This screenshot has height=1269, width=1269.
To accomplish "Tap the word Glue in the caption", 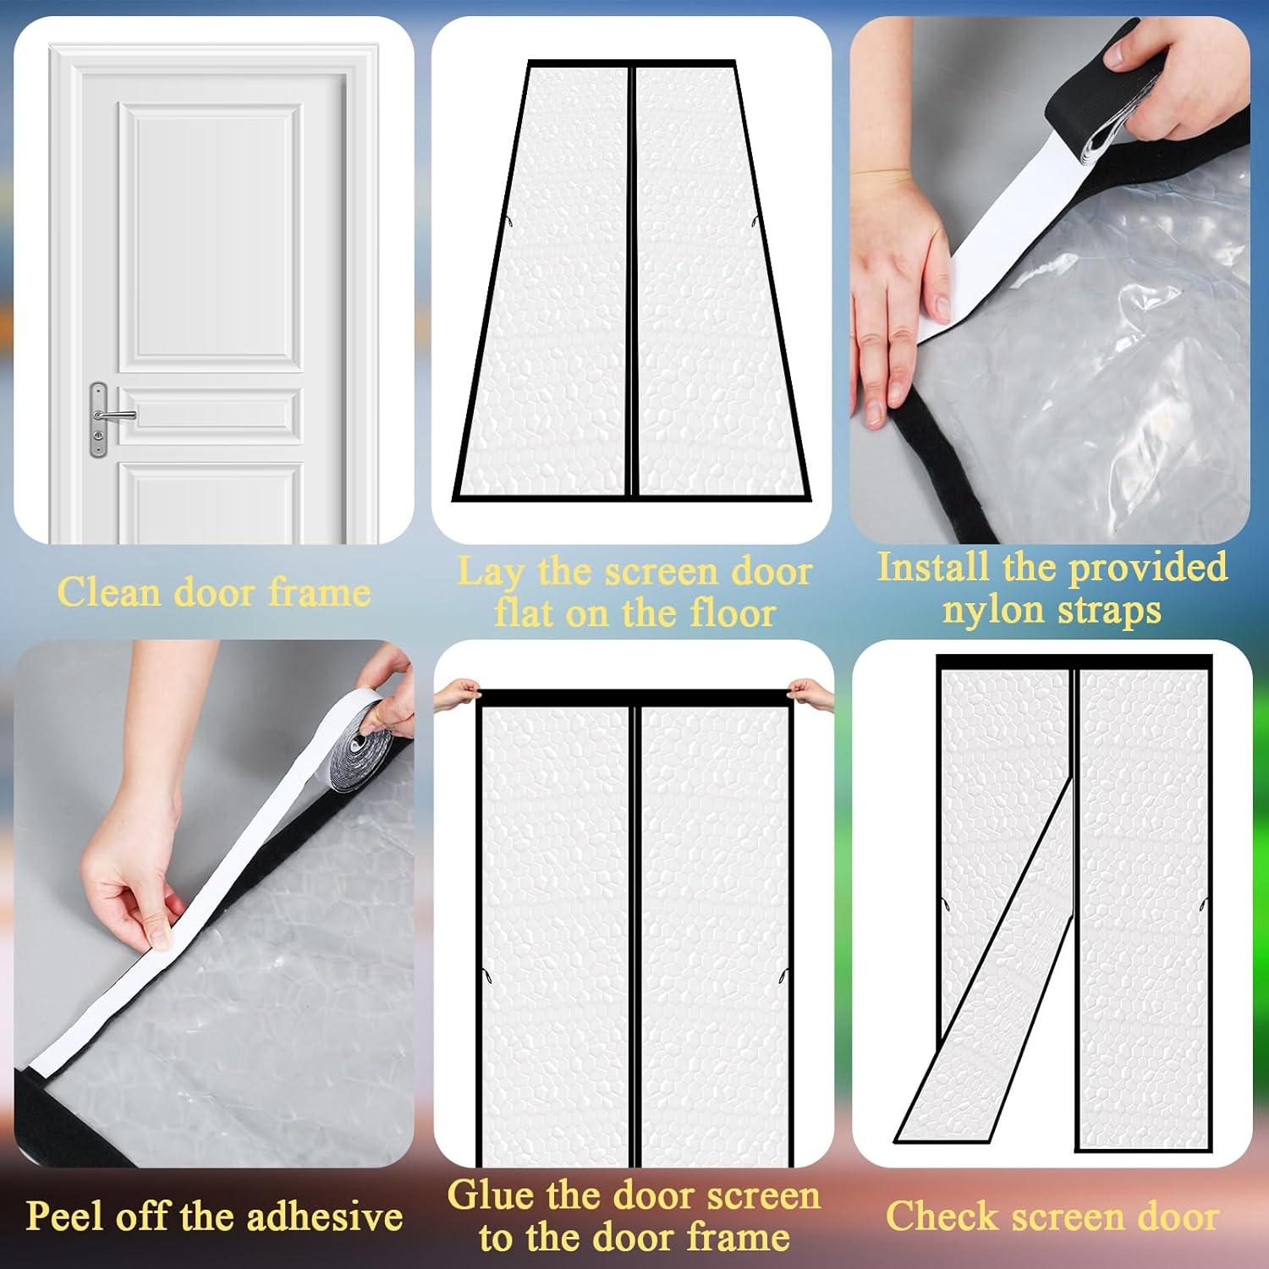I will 489,1195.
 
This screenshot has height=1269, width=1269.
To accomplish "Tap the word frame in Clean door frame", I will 320,591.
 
